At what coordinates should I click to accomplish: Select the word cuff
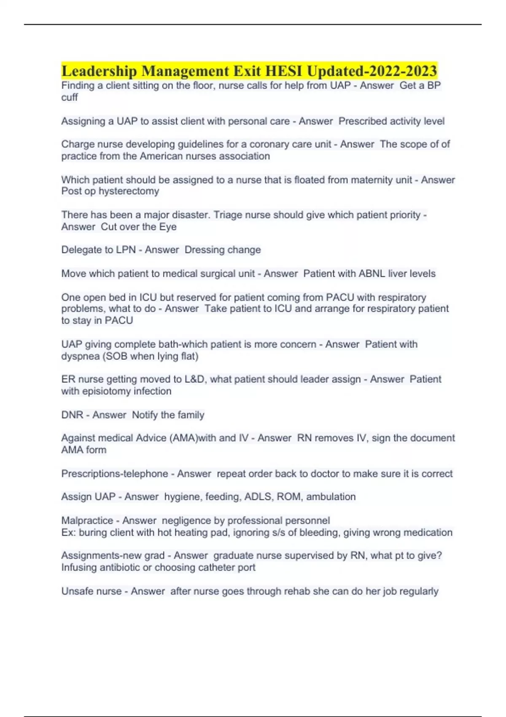tap(70, 97)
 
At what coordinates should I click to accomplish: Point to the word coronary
tap(269, 144)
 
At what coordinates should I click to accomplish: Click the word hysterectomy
tap(129, 191)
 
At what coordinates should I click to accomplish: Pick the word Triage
tap(227, 215)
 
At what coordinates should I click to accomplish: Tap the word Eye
tap(168, 227)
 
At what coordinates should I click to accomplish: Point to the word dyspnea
tap(80, 356)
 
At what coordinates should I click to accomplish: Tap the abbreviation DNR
tap(72, 415)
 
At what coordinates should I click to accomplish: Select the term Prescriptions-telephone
tap(115, 474)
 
